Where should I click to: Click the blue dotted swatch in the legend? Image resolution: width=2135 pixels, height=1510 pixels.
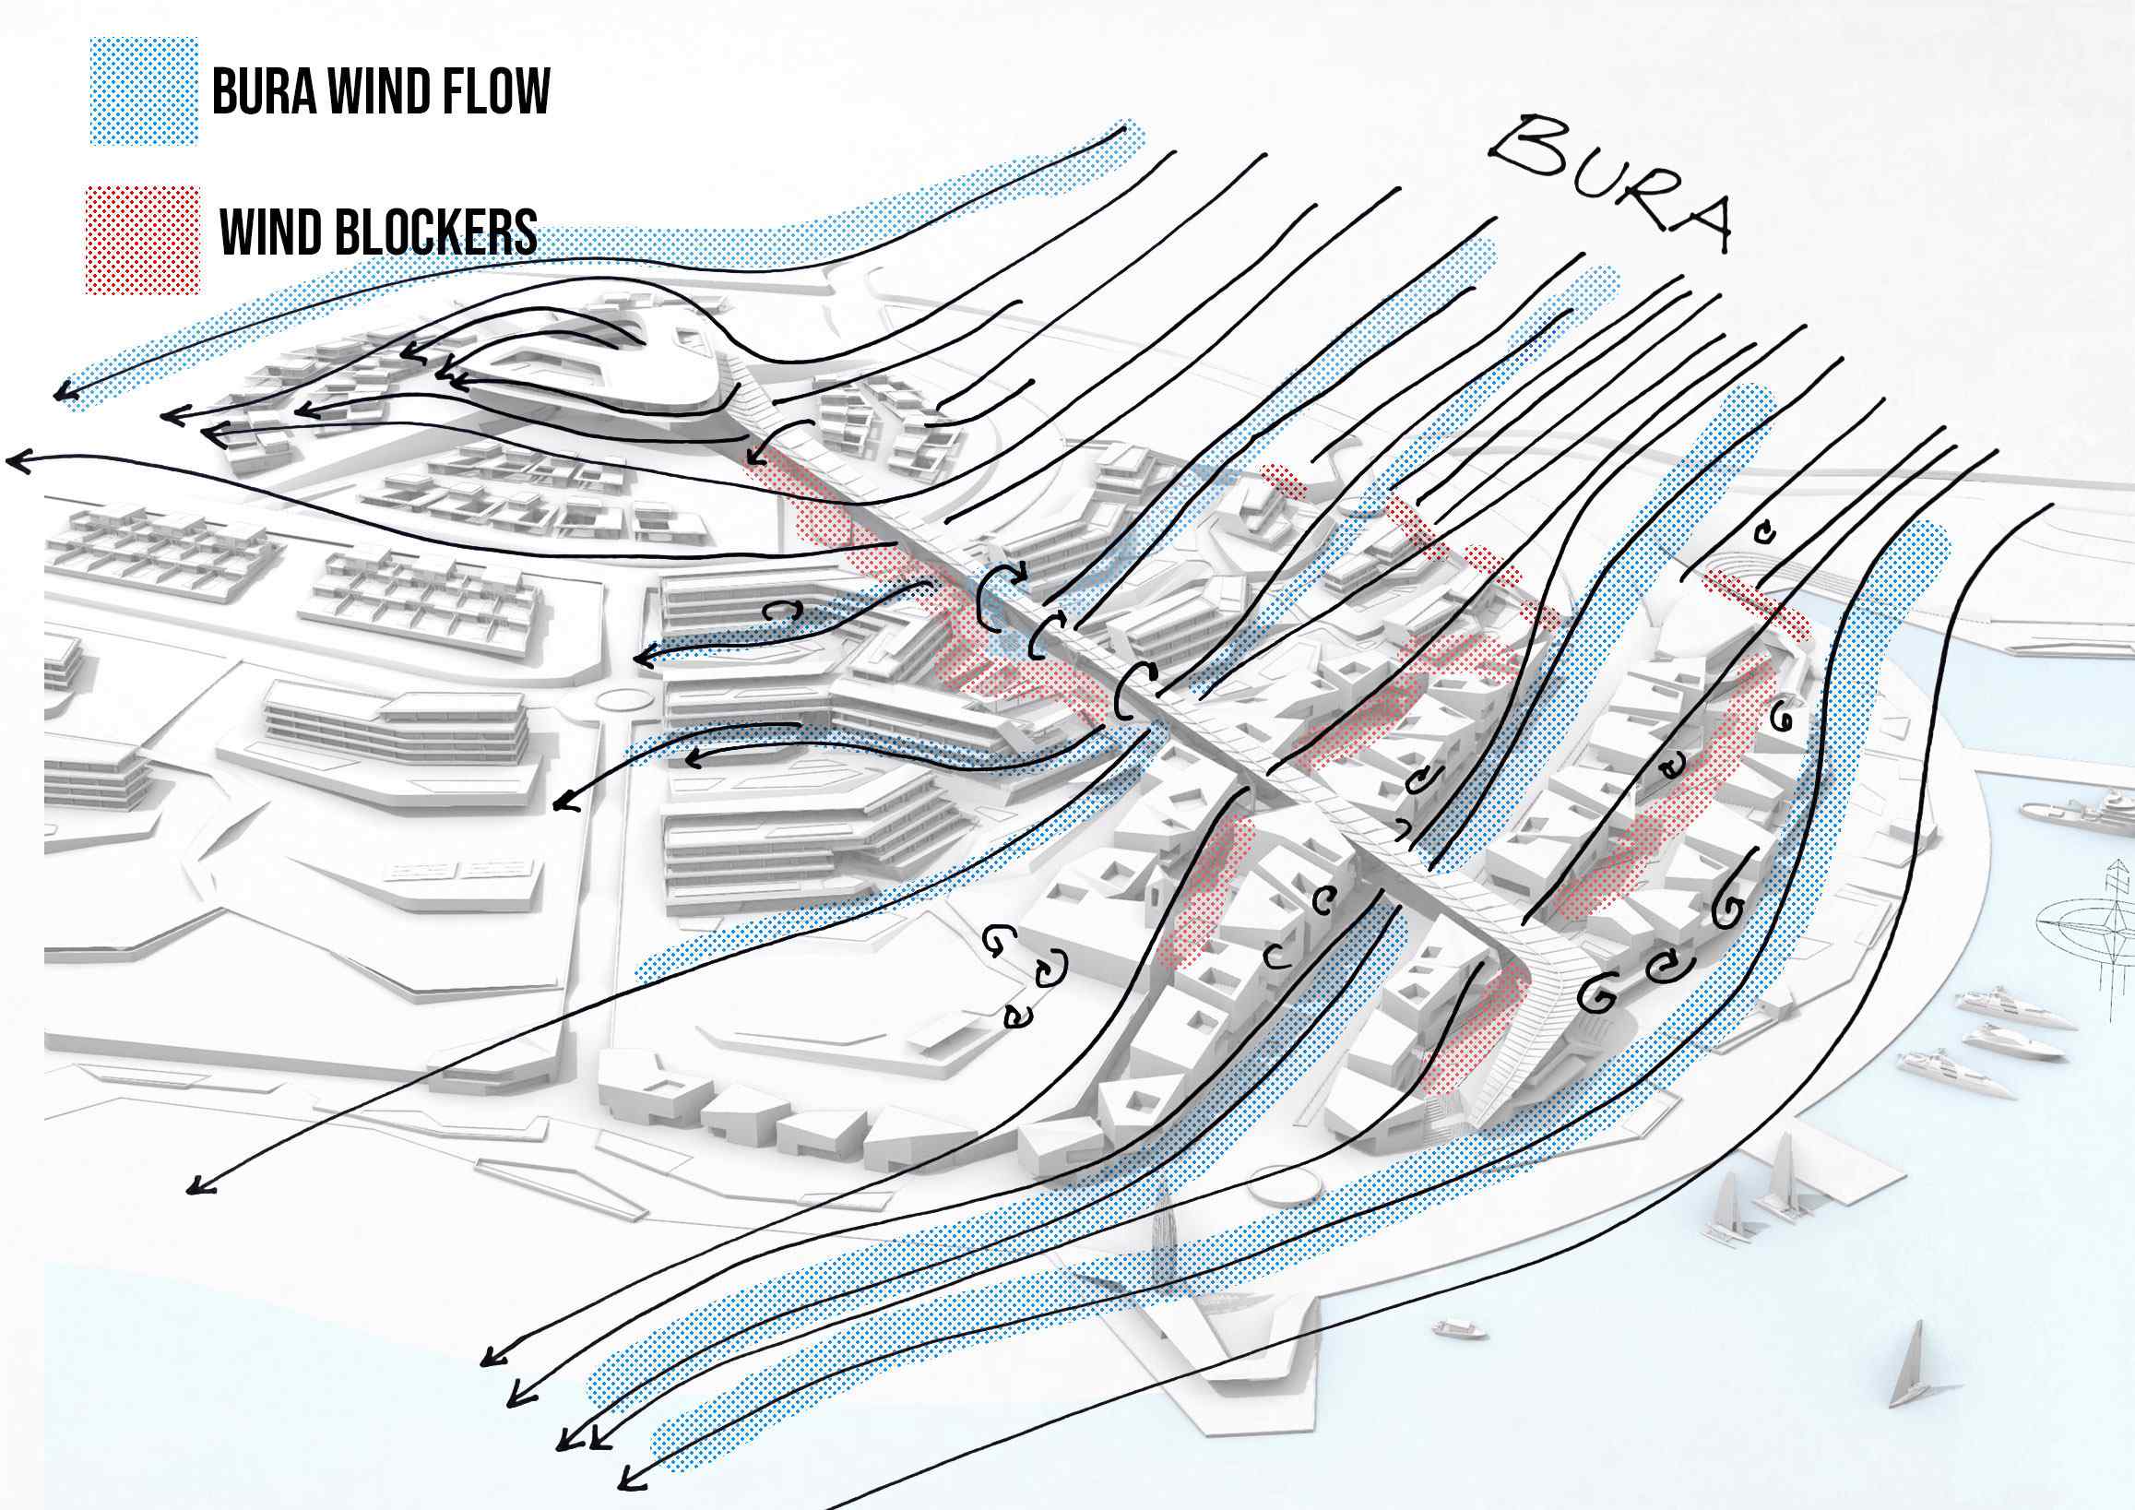[144, 91]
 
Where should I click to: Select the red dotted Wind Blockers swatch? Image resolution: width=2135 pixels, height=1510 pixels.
[143, 240]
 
